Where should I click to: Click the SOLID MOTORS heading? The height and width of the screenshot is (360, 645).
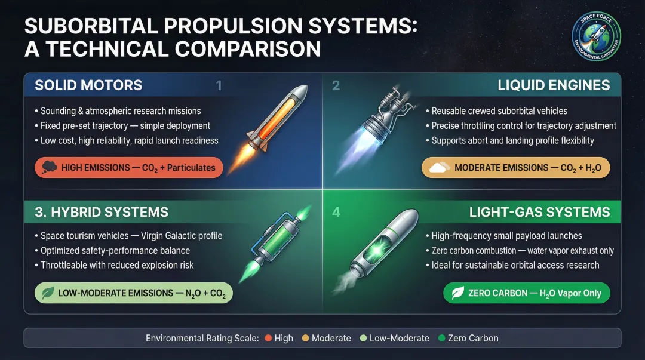pyautogui.click(x=88, y=85)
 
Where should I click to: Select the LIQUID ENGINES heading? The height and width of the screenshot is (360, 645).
pyautogui.click(x=554, y=85)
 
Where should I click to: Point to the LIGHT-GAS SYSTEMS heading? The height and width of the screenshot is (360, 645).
pyautogui.click(x=540, y=211)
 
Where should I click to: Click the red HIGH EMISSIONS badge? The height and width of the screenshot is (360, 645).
pyautogui.click(x=129, y=168)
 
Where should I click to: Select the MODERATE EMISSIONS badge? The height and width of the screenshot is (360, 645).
pyautogui.click(x=516, y=168)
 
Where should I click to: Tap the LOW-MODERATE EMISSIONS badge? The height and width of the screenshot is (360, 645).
pyautogui.click(x=133, y=293)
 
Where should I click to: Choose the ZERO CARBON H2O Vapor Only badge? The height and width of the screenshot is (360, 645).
pyautogui.click(x=526, y=293)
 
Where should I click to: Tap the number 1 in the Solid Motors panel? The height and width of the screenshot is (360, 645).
pyautogui.click(x=219, y=86)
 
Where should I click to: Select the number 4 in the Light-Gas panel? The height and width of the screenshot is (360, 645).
pyautogui.click(x=336, y=212)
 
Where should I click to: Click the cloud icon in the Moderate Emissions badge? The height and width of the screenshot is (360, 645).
pyautogui.click(x=438, y=168)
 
